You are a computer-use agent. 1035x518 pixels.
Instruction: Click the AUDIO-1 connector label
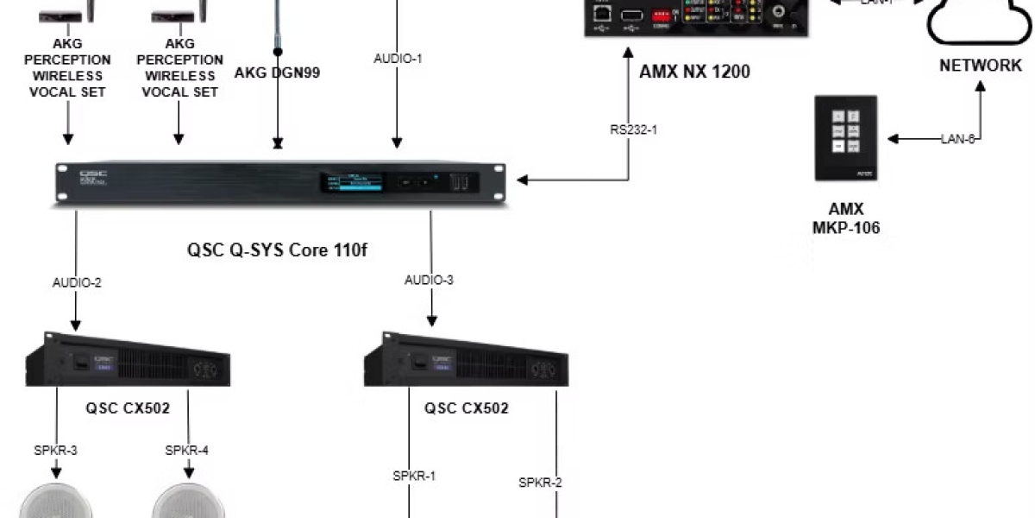(x=398, y=59)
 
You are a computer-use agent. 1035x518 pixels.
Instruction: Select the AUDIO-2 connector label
(x=77, y=282)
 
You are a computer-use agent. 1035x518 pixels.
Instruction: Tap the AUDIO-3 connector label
(x=429, y=280)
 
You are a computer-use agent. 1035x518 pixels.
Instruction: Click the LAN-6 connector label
(x=957, y=139)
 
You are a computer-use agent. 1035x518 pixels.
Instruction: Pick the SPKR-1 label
(x=414, y=476)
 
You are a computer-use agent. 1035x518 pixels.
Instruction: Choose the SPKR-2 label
(x=540, y=483)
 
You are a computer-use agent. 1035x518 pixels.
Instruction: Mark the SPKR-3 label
(x=57, y=450)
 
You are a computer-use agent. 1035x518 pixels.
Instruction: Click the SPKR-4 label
(x=187, y=450)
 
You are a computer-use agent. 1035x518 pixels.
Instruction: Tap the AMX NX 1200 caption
(x=694, y=72)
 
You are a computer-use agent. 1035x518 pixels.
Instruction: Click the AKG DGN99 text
(x=277, y=73)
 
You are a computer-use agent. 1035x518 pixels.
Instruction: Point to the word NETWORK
(x=981, y=66)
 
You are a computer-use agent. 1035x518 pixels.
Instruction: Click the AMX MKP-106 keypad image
(x=846, y=137)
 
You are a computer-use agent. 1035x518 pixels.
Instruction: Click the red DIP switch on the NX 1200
(x=662, y=15)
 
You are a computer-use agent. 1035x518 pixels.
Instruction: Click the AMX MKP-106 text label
(x=846, y=219)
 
